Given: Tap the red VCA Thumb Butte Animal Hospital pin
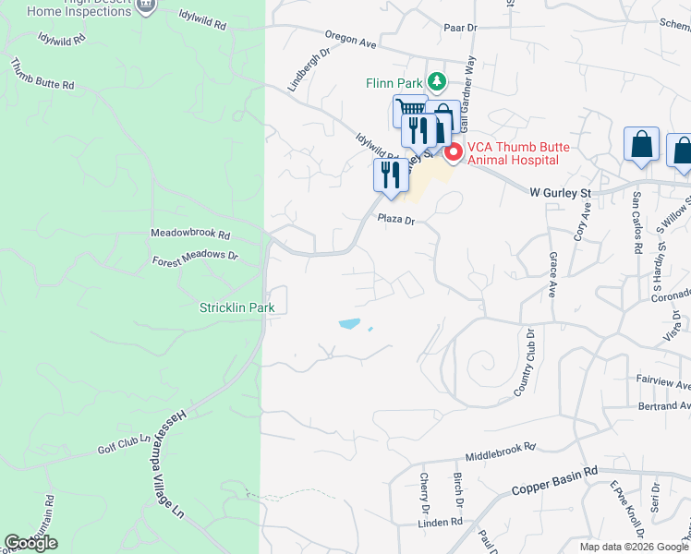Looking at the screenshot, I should click(453, 152).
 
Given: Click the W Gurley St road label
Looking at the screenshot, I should click(560, 193).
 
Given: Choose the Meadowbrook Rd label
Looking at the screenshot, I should click(190, 235).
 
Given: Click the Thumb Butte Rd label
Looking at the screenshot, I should click(42, 75).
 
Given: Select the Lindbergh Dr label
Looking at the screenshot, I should click(308, 70).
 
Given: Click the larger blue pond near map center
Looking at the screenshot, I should click(349, 324).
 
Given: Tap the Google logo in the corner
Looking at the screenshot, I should click(30, 543).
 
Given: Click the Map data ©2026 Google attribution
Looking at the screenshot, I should click(633, 547).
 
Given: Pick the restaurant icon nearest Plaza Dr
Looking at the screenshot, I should click(389, 175).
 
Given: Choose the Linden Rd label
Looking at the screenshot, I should click(440, 522).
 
